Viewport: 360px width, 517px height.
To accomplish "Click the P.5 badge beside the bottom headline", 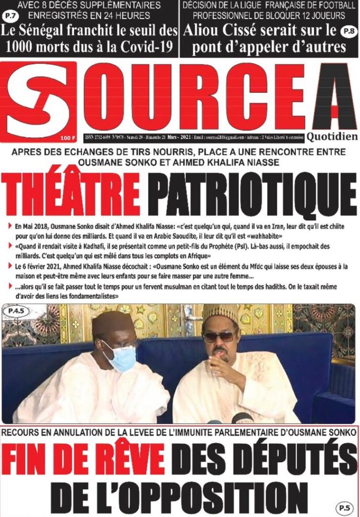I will [345, 507].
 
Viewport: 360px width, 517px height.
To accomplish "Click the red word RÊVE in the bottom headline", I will [131, 459].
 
